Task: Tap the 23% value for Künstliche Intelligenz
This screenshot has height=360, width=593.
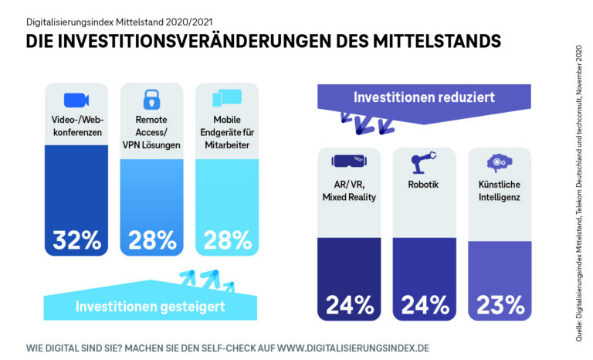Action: click(500, 304)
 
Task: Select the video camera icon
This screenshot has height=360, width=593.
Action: click(76, 99)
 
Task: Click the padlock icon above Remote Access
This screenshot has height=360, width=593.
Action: click(151, 98)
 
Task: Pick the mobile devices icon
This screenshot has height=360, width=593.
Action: click(227, 98)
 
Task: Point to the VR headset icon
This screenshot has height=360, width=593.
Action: click(349, 161)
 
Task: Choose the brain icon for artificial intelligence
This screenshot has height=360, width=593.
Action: click(500, 161)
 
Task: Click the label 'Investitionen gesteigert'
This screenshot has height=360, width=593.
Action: click(150, 307)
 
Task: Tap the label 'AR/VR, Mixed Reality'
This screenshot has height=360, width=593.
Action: click(349, 192)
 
